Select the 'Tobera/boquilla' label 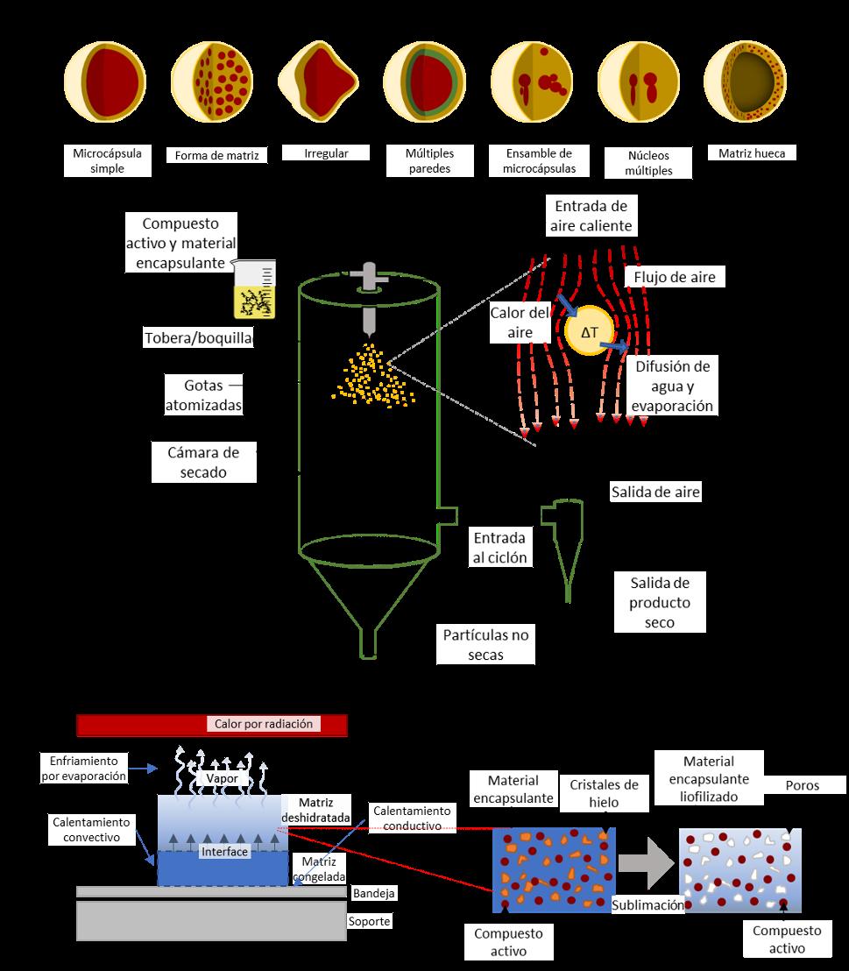198,337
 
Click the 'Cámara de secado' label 203,461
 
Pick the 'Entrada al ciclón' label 499,547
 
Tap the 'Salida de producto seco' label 660,602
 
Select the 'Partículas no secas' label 486,643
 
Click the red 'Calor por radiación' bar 212,725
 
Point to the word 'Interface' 224,851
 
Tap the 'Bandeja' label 374,893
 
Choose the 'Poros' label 802,785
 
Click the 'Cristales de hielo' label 604,793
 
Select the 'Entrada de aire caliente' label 591,216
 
